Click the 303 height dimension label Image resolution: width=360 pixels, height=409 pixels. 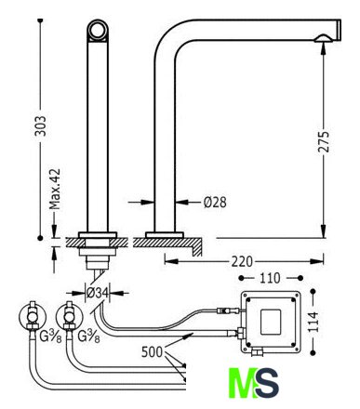click(x=40, y=126)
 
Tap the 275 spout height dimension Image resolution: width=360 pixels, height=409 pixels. click(x=324, y=141)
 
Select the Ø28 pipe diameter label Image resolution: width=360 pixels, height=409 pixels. click(x=215, y=202)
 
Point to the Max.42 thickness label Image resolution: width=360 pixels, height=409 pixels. click(x=55, y=189)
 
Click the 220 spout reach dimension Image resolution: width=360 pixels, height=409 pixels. click(x=242, y=261)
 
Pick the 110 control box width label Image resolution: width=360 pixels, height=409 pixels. click(x=270, y=278)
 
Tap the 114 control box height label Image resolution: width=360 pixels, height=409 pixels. click(x=313, y=322)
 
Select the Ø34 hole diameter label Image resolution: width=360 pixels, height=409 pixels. click(x=98, y=293)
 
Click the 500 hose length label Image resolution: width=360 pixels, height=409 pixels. click(x=152, y=352)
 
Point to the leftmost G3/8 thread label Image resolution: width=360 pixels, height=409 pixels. click(x=50, y=336)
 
